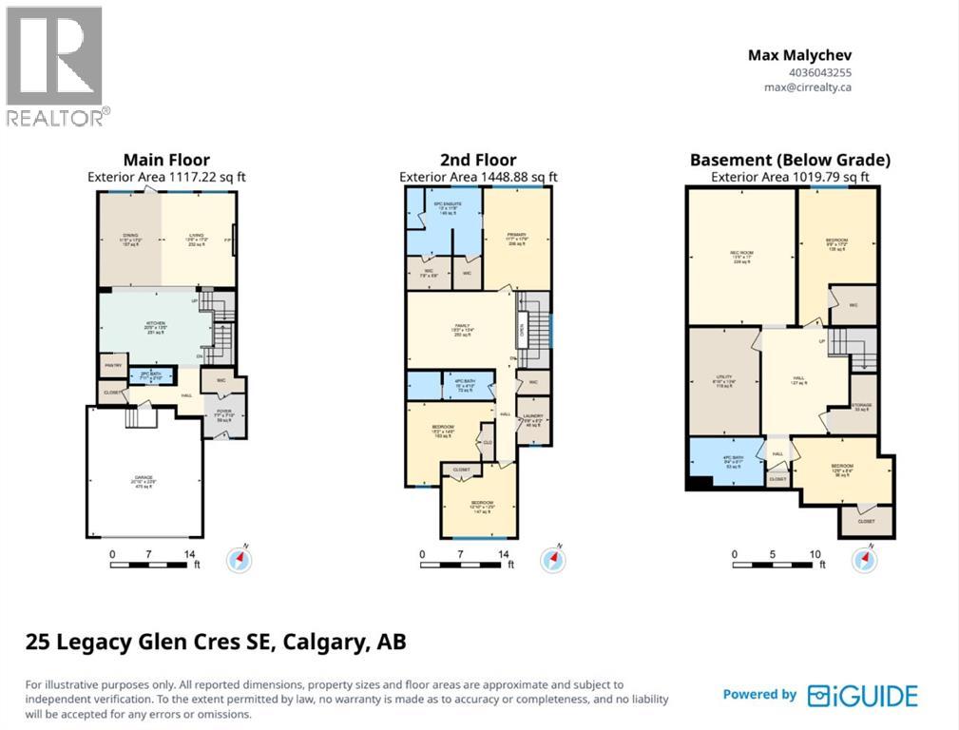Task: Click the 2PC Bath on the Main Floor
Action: click(x=152, y=375)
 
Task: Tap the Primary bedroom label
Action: click(x=516, y=238)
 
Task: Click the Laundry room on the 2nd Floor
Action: click(x=533, y=422)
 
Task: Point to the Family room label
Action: click(x=462, y=331)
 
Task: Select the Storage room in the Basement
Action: click(x=862, y=407)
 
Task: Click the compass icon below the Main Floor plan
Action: click(x=239, y=561)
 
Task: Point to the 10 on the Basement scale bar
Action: click(x=815, y=553)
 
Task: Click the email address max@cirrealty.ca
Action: click(x=808, y=86)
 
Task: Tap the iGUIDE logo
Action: click(x=863, y=695)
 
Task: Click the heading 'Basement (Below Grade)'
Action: click(x=790, y=160)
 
